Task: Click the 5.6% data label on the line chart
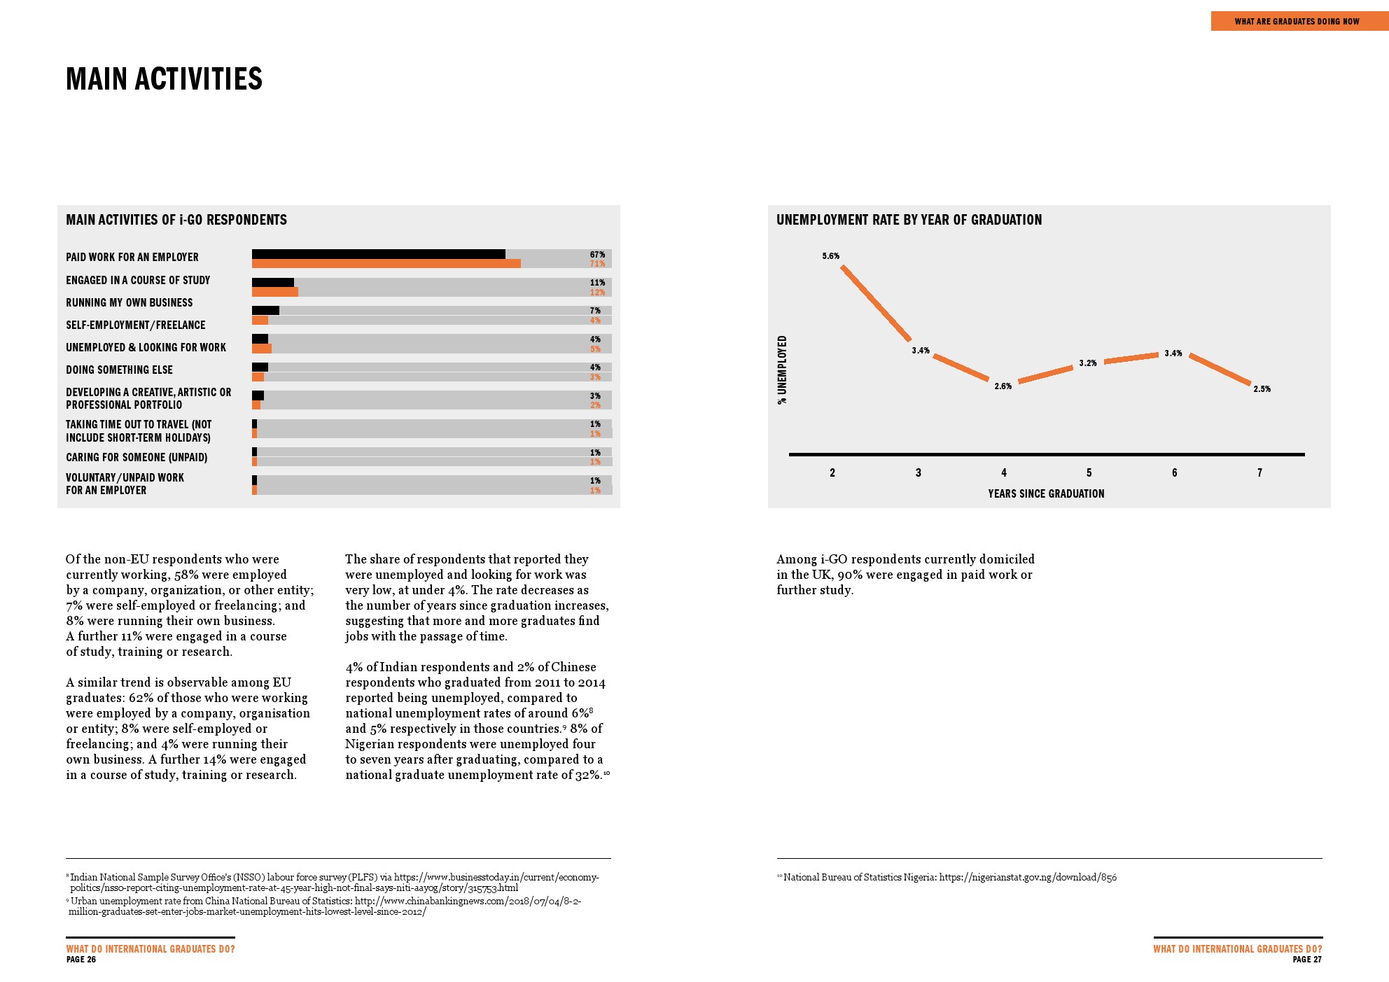tap(830, 256)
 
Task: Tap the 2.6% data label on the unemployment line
tap(1003, 386)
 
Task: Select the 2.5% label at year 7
tap(1262, 389)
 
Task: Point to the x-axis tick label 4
tap(1004, 473)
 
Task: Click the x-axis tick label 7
tap(1259, 473)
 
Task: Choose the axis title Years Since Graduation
tap(1046, 493)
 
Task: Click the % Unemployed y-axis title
tap(783, 370)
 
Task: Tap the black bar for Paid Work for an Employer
tap(378, 254)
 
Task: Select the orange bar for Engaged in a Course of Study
tap(274, 292)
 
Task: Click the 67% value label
tap(597, 255)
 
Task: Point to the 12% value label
tap(597, 293)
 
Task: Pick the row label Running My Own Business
tap(130, 302)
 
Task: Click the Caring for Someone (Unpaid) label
tap(137, 457)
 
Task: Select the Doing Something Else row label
tap(119, 370)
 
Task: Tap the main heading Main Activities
tap(165, 79)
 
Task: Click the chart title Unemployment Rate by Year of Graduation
tap(909, 220)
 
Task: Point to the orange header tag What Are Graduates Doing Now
tap(1297, 22)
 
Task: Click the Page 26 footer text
tap(81, 960)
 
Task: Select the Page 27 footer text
tap(1306, 960)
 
